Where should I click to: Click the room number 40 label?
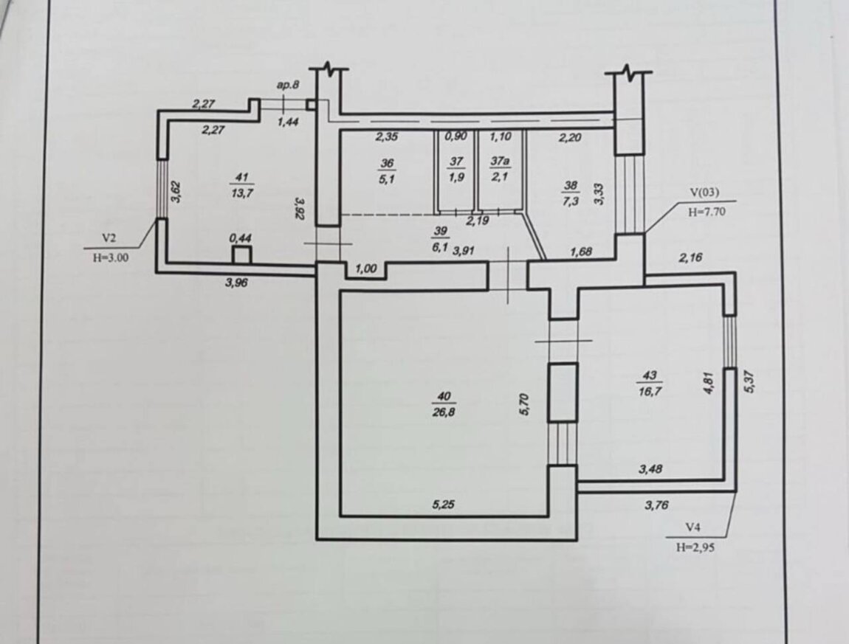pos(444,396)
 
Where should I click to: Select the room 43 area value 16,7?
pos(650,391)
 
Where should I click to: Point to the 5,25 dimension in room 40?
pos(444,505)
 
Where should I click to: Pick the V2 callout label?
pos(110,238)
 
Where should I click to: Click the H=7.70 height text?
pos(707,212)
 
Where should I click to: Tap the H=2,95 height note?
pos(695,547)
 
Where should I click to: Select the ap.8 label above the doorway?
pos(288,85)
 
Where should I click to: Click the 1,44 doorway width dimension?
pos(288,122)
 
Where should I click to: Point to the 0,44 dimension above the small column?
pos(241,238)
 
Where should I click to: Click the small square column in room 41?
pos(241,255)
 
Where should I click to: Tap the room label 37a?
pos(500,162)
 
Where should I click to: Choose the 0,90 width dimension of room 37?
pos(456,136)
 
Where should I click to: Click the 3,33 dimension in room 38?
pos(598,193)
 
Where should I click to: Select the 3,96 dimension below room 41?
pos(237,282)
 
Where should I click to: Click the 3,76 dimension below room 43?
pos(657,505)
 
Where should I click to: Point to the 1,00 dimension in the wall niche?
pos(366,269)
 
